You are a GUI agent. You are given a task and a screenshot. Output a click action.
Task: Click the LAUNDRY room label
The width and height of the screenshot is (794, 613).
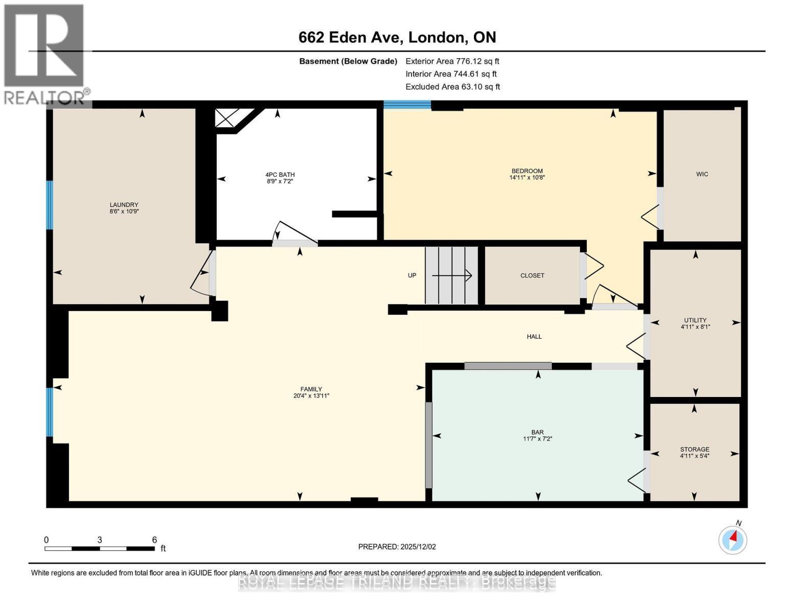pos(124,204)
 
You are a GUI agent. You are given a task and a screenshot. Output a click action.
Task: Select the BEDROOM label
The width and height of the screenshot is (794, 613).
pos(527,171)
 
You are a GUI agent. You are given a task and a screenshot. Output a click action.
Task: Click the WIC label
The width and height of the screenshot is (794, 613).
pos(702,174)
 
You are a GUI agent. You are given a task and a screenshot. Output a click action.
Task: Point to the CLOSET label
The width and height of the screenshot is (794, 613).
pos(532,275)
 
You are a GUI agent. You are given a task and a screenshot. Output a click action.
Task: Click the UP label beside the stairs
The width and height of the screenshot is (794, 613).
pos(412,275)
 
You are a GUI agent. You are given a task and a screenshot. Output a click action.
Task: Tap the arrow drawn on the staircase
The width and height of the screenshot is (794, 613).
pos(452,276)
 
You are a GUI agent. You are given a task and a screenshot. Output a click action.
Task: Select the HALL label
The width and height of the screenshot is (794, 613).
pos(534,337)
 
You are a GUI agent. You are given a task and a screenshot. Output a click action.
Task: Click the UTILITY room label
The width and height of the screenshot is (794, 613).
pos(695,320)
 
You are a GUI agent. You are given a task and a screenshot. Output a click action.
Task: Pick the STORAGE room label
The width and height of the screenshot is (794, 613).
pos(694,450)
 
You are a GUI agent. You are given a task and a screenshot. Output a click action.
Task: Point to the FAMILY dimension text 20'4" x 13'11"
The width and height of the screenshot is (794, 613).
pos(311,396)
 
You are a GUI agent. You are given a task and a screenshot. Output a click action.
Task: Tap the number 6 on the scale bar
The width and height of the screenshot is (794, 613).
pos(154,540)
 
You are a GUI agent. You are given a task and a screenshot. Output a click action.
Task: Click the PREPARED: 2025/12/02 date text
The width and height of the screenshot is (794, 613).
pos(397,547)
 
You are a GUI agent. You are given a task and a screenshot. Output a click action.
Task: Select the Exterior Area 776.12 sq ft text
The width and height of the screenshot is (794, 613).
pos(452,61)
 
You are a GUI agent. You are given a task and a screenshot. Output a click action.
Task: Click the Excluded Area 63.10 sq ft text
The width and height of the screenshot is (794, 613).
pos(452,87)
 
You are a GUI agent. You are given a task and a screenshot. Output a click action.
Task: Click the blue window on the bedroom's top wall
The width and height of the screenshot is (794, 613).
pos(407,105)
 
